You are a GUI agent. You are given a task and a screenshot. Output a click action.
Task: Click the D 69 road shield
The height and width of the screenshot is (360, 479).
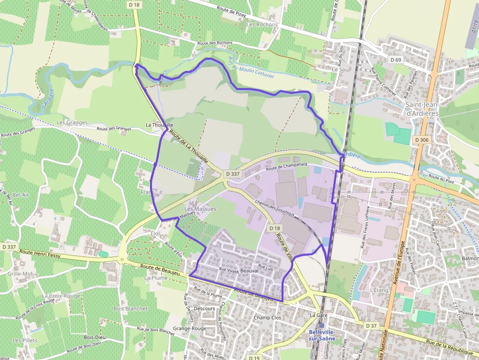pyautogui.click(x=395, y=60)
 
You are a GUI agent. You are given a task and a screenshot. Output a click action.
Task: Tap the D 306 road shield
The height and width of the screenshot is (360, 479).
pyautogui.click(x=421, y=140)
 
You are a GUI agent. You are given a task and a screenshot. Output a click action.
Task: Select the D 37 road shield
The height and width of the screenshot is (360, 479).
pyautogui.click(x=371, y=326)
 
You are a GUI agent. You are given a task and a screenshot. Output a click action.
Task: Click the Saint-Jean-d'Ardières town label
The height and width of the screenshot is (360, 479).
pyautogui.click(x=422, y=108)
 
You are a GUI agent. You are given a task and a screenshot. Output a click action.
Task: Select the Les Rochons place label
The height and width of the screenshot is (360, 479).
pyautogui.click(x=262, y=24)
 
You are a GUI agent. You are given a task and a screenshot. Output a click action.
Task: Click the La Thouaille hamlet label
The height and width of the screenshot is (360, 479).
pyautogui.click(x=159, y=125)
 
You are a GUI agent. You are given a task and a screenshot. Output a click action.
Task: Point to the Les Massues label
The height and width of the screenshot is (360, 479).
pyautogui.click(x=200, y=209)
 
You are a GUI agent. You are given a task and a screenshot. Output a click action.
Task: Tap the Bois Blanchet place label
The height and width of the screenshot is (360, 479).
pyautogui.click(x=130, y=309)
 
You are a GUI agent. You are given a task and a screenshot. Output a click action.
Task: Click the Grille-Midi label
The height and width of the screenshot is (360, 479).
pyautogui.click(x=21, y=274)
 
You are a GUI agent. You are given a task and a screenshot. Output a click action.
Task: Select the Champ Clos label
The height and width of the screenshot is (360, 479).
pyautogui.click(x=267, y=318)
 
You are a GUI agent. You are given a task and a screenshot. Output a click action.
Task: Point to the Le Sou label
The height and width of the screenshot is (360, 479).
pyautogui.click(x=340, y=70)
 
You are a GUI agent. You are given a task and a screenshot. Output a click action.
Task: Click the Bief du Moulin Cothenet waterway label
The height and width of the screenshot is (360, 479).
pyautogui.click(x=251, y=68)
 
